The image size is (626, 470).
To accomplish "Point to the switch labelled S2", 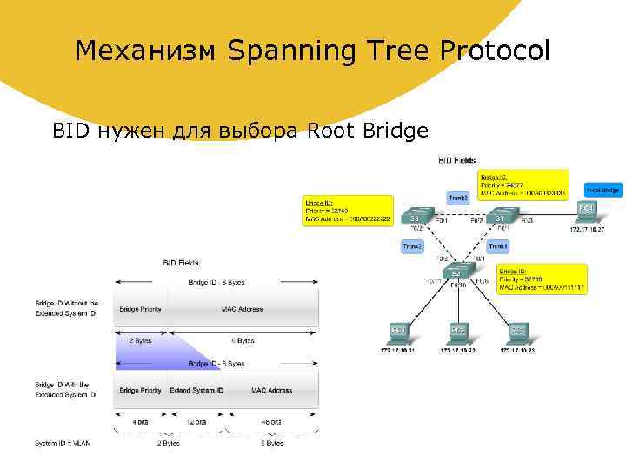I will pos(456,272).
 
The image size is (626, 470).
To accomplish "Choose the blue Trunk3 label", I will pos(458,198).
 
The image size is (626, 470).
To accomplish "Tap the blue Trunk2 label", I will pos(412,247).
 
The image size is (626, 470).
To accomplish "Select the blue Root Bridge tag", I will pos(603,190).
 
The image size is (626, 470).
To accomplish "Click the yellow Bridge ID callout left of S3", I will pos(347,211).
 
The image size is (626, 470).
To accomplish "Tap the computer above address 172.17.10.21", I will pos(398,332).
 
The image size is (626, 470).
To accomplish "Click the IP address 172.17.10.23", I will pos(517,352).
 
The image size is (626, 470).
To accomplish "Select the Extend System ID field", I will pos(196,390).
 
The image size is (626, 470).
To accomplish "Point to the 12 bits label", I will pos(196,421).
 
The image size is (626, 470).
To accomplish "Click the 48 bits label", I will pos(271,421).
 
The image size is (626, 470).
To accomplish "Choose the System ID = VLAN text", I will pos(63,443).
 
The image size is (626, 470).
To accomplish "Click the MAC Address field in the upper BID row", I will pos(242,309).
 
